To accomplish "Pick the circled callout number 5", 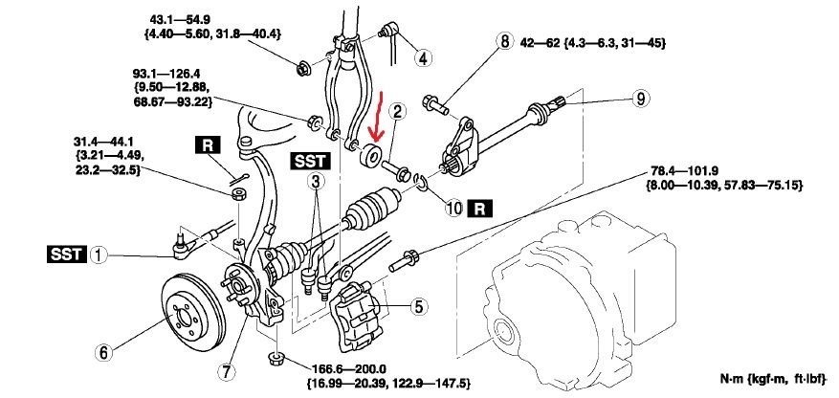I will [418, 307].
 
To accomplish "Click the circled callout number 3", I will [315, 179].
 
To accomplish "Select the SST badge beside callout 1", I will [64, 255].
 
